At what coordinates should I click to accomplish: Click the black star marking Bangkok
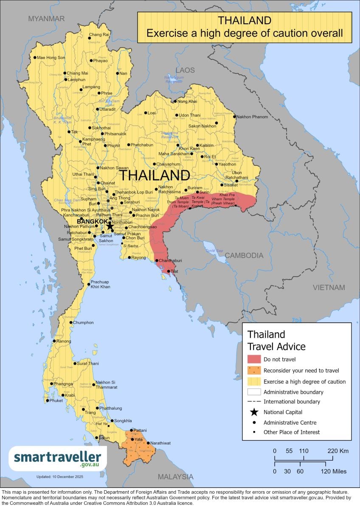pyautogui.click(x=110, y=226)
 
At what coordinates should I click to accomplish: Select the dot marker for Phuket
pyautogui.click(x=47, y=400)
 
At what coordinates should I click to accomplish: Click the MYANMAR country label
pyautogui.click(x=46, y=19)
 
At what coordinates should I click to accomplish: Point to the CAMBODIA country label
pyautogui.click(x=244, y=255)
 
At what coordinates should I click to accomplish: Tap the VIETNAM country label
pyautogui.click(x=329, y=288)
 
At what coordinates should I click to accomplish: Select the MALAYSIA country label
pyautogui.click(x=176, y=477)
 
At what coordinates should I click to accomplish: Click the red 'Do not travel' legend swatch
pyautogui.click(x=253, y=359)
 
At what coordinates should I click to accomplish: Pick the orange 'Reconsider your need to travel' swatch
pyautogui.click(x=253, y=370)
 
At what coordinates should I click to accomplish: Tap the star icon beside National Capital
pyautogui.click(x=253, y=412)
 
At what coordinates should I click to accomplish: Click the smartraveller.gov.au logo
pyautogui.click(x=57, y=458)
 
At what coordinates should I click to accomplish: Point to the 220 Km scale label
pyautogui.click(x=338, y=450)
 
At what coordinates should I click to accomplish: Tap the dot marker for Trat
pyautogui.click(x=168, y=271)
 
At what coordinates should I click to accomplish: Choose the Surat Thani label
pyautogui.click(x=88, y=364)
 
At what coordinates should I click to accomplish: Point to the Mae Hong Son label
pyautogui.click(x=51, y=57)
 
